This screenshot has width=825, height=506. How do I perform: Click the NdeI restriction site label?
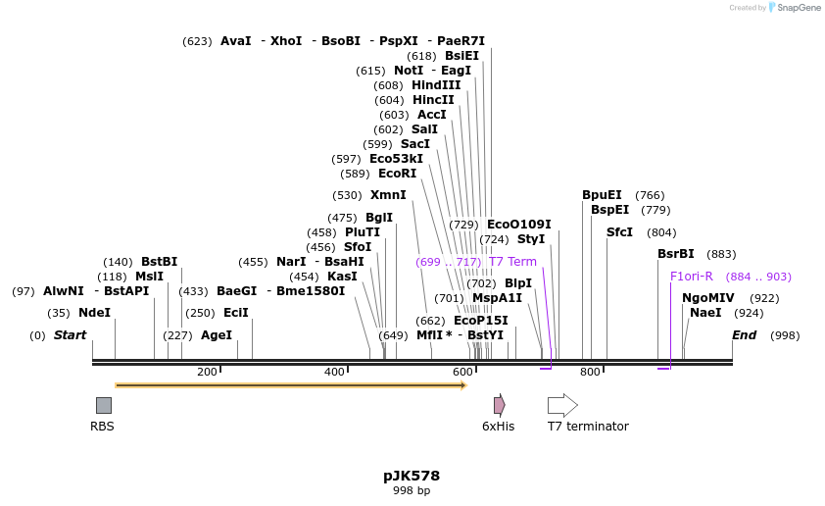point(94,313)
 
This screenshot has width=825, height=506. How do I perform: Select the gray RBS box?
point(103,405)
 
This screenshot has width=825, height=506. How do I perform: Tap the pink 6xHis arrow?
point(499,405)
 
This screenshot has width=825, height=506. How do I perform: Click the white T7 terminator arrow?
point(562,405)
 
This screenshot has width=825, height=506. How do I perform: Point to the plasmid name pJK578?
point(412,476)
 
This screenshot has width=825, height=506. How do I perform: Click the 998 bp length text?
point(412,490)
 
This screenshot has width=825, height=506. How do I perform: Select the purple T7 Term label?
point(512,262)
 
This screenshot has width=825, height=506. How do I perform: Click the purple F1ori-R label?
point(692,277)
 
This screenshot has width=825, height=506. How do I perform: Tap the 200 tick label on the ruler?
point(207,372)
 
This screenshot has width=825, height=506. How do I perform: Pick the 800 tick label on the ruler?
point(590,372)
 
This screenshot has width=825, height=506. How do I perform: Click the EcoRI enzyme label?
point(397,174)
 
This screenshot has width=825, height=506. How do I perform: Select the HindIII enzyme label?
point(436,85)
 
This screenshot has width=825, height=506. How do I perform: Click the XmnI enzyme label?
point(388,195)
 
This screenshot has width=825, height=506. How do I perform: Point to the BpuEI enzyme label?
point(602,195)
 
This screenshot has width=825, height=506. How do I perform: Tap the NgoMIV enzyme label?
point(707,298)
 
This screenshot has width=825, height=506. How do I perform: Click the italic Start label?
point(70,335)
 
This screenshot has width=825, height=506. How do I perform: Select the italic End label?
point(745,335)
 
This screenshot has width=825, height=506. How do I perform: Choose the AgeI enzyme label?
point(217,335)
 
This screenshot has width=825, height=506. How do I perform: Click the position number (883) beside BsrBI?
point(721,254)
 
